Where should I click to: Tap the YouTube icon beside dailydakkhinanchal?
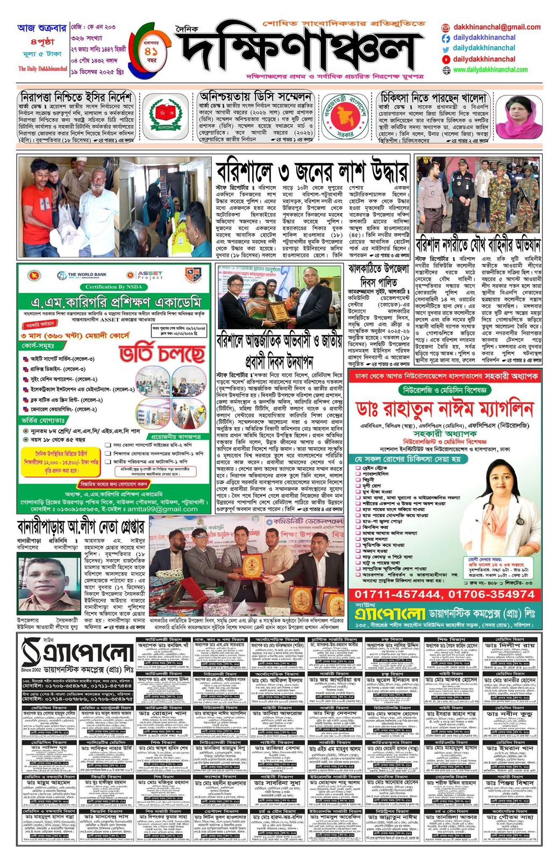(x=446, y=59)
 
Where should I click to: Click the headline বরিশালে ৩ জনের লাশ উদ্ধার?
(x=312, y=172)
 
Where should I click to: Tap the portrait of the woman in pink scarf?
(x=519, y=117)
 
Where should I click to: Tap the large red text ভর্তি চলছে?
(x=162, y=353)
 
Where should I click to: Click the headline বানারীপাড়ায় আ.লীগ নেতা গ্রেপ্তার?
(x=81, y=526)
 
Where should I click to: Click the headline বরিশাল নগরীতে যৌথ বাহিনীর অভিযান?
(x=478, y=245)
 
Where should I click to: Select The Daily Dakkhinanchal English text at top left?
(x=43, y=69)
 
